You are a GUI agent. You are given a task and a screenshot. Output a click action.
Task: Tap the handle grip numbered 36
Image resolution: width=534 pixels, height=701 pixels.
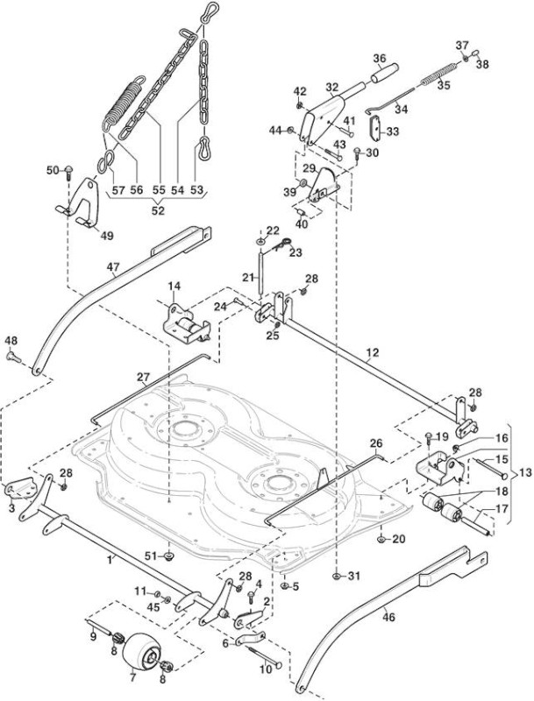[x=385, y=72]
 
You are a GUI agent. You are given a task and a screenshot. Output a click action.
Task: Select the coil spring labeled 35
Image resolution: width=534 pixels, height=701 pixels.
[x=439, y=74]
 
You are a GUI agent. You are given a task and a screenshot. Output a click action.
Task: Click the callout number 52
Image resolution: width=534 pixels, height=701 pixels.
[x=158, y=210]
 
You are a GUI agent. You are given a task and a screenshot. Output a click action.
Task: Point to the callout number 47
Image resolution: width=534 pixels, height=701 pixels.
[x=113, y=267]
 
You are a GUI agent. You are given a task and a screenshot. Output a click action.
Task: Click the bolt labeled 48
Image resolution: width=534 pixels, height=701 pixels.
[x=14, y=357]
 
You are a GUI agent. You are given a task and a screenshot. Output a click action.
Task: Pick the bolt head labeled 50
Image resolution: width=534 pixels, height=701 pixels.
[x=68, y=171]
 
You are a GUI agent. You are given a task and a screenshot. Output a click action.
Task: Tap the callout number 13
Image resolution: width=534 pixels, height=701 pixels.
[x=526, y=473]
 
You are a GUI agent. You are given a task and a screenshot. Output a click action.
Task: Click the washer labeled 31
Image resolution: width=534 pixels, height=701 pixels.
[x=337, y=576]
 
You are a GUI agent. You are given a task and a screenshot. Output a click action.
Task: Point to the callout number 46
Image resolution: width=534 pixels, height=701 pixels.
[x=389, y=618]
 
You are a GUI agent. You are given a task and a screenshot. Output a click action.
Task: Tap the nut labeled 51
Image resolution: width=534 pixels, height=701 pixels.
[x=169, y=556]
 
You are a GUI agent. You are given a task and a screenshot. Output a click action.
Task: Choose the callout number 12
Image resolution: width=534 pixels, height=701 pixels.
[x=372, y=353]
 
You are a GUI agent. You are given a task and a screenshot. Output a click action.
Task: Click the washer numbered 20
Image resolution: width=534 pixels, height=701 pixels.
[x=381, y=540]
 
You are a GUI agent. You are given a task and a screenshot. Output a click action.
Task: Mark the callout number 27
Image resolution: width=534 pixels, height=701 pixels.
[x=143, y=378]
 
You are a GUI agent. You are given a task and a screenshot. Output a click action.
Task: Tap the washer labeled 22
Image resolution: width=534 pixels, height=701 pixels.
[x=260, y=242]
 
